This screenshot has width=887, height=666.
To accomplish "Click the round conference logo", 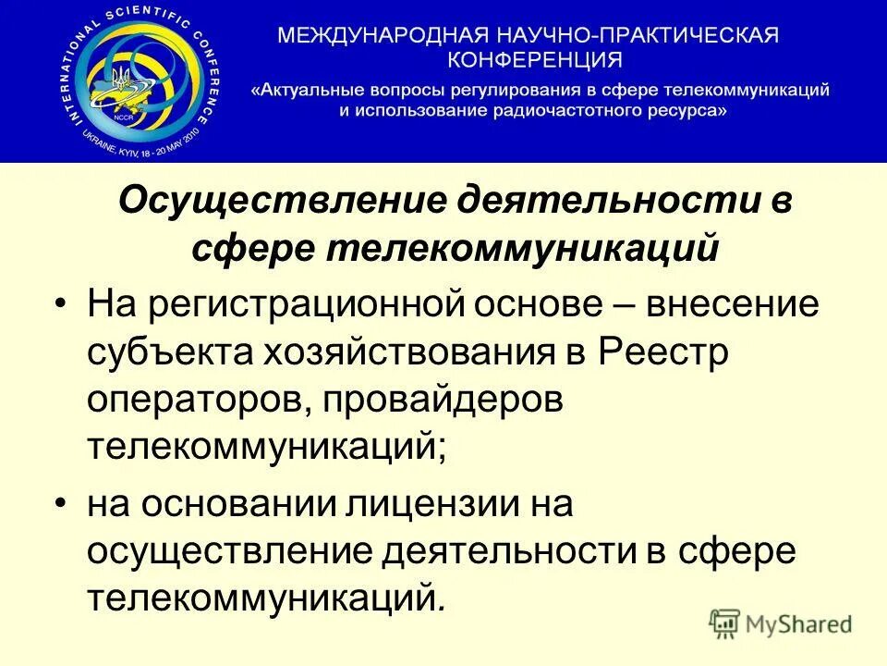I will (140, 80).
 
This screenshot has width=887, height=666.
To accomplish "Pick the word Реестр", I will (651, 352).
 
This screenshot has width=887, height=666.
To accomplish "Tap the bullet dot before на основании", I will (61, 505).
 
